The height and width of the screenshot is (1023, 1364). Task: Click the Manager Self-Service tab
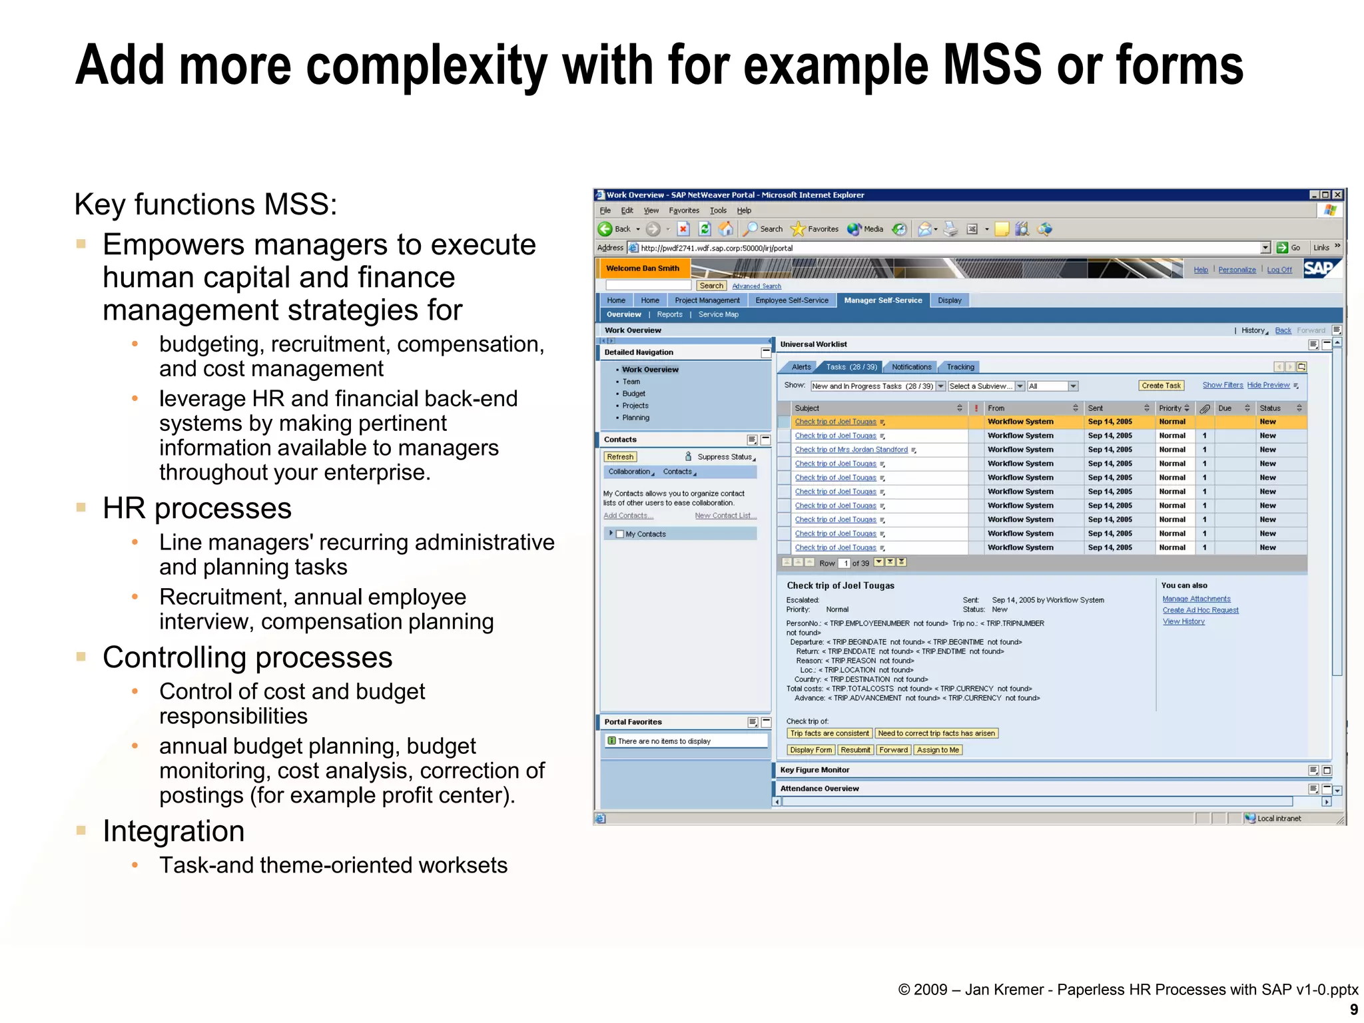tap(882, 300)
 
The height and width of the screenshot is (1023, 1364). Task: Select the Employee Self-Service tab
tap(791, 300)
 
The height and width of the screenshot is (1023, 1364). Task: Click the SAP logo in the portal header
tap(1319, 268)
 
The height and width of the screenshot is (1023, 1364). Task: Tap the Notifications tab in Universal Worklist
tap(911, 367)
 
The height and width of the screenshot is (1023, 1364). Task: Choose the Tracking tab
tap(960, 367)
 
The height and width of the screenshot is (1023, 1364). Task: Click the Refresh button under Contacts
tap(620, 457)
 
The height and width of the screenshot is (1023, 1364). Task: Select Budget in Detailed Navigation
tap(633, 394)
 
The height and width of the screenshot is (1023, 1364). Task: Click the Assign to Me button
tap(938, 750)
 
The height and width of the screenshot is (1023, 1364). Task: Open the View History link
tap(1184, 621)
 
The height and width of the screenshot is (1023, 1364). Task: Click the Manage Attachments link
tap(1196, 599)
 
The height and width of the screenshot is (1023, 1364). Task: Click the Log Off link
tap(1279, 270)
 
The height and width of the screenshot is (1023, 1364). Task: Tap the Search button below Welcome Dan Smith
tap(711, 286)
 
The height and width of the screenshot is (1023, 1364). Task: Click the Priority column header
tap(1170, 408)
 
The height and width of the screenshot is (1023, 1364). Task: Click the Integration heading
tap(174, 831)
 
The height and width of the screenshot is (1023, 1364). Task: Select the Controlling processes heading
tap(247, 657)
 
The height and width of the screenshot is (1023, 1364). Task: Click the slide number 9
tap(1353, 1010)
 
